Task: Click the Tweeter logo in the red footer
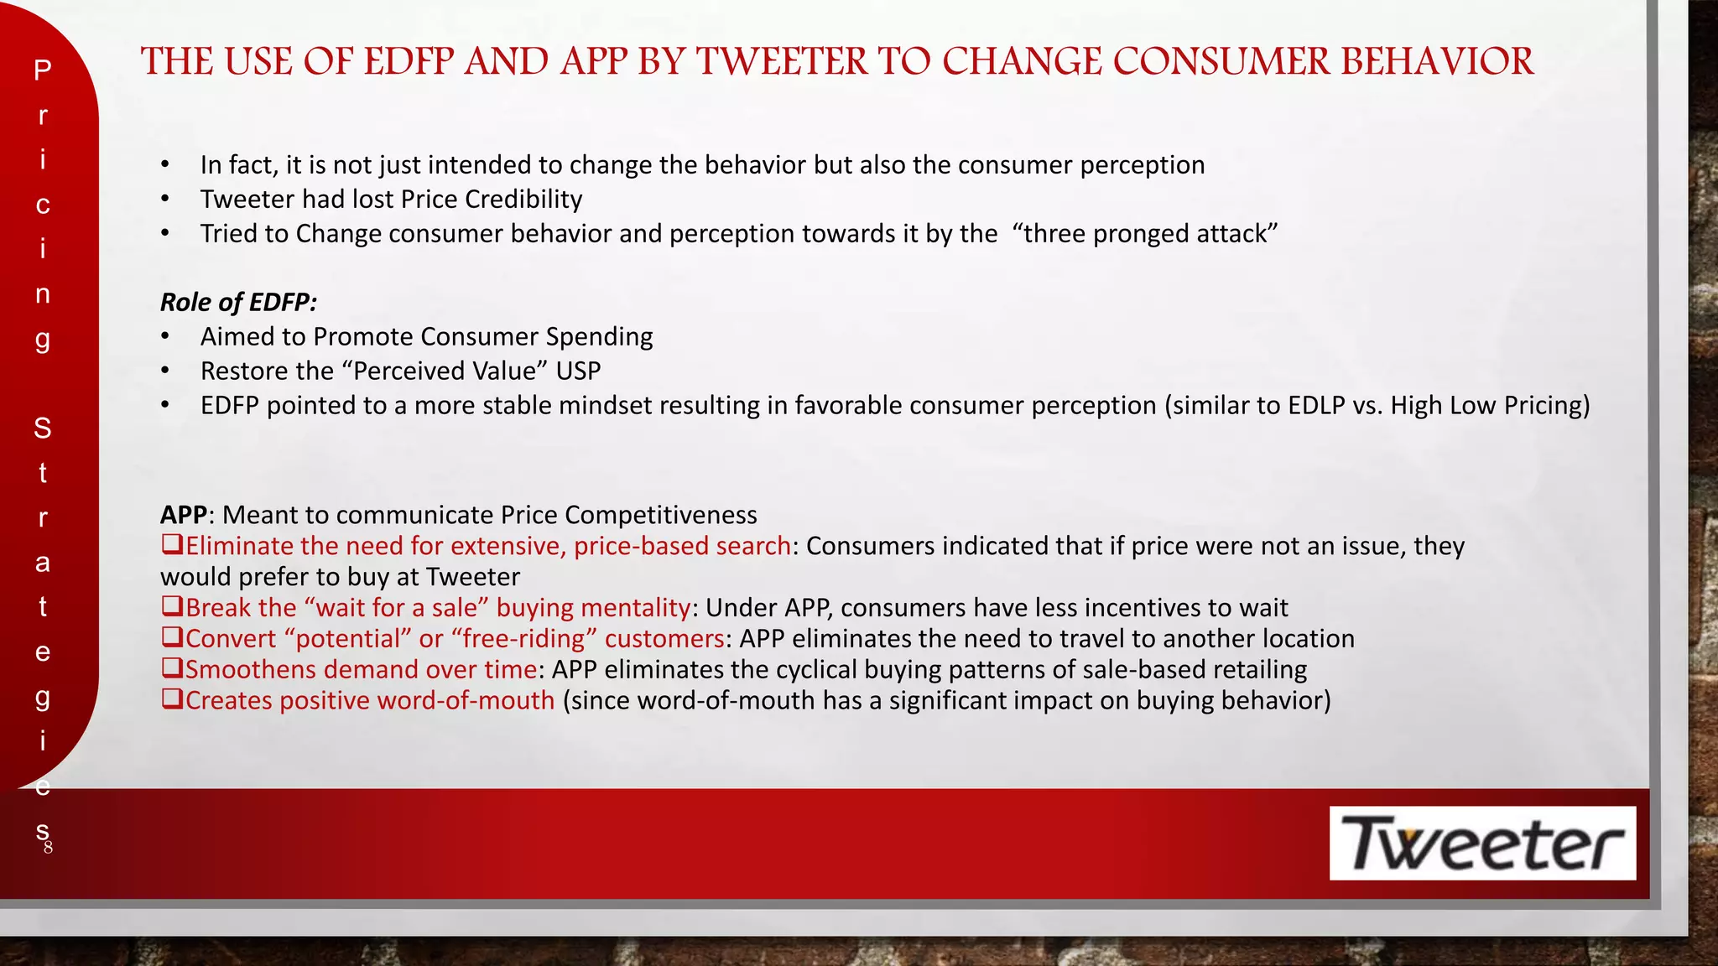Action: [1482, 843]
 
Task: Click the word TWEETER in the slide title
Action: [783, 62]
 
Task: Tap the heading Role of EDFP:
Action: [238, 302]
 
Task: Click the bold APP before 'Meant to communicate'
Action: [184, 515]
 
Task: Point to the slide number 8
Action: [49, 847]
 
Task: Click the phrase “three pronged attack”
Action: [1145, 233]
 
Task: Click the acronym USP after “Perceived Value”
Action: [578, 371]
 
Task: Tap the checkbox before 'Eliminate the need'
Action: [172, 545]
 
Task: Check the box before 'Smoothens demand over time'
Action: [172, 668]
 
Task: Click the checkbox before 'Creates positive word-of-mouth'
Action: [172, 699]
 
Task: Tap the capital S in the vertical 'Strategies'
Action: [43, 428]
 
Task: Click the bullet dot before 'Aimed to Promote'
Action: [166, 337]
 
